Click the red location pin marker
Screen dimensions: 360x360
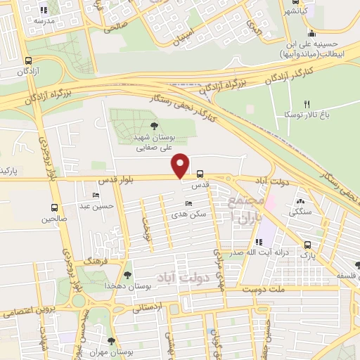pos(181,165)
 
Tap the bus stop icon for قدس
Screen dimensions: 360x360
pos(200,173)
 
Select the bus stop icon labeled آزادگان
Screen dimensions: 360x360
pos(28,60)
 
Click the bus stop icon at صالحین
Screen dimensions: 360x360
pos(55,207)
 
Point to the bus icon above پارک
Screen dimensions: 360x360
pos(307,245)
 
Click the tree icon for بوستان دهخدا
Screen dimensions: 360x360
pos(127,275)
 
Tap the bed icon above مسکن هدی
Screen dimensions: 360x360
pos(188,203)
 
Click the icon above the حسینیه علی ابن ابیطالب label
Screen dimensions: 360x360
pos(311,32)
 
